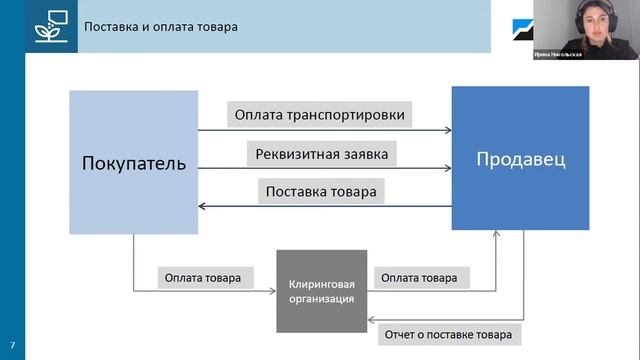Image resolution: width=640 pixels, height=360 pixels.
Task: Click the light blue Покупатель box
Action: tap(133, 162)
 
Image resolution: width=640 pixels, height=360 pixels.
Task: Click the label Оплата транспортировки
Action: tap(320, 115)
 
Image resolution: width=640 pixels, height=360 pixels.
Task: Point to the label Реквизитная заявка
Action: tap(321, 153)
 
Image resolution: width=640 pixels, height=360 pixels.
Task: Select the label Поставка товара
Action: tap(321, 190)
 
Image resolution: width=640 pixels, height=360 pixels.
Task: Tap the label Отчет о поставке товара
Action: tap(448, 333)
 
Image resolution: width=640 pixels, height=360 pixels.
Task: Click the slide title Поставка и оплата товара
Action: tap(161, 26)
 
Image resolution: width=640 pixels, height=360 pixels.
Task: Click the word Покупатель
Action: tap(133, 163)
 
